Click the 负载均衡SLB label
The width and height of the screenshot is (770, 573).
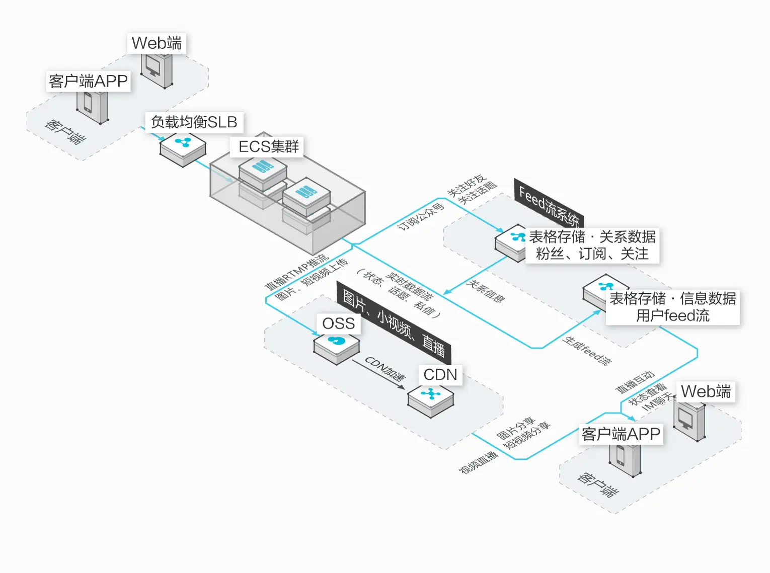(x=194, y=122)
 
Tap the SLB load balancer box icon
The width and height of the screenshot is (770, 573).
(x=183, y=148)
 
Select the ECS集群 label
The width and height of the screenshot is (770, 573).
(x=268, y=146)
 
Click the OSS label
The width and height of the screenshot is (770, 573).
(x=338, y=323)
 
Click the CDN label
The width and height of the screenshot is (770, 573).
(x=440, y=375)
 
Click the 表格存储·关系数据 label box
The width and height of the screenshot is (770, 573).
(x=592, y=245)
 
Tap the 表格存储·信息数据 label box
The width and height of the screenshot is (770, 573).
(x=672, y=306)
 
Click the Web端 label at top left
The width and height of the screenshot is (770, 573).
(x=157, y=43)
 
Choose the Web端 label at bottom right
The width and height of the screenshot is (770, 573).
(x=706, y=391)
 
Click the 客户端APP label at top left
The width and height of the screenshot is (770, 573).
(x=89, y=81)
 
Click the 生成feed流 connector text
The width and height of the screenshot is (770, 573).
(x=587, y=351)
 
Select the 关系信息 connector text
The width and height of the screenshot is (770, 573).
(x=485, y=291)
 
